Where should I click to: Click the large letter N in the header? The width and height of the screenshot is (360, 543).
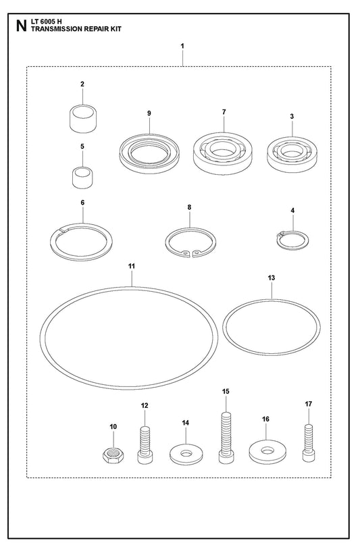click(22, 26)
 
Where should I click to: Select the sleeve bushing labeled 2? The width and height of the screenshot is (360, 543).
click(83, 118)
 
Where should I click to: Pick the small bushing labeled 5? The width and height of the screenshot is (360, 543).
click(82, 178)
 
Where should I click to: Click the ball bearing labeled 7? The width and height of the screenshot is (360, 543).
click(223, 153)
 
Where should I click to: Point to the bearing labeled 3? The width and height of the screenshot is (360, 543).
click(292, 154)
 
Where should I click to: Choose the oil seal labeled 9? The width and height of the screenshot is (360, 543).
click(150, 153)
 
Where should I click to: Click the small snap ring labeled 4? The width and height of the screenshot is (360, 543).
click(292, 240)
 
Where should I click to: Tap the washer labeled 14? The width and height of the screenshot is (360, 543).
click(186, 455)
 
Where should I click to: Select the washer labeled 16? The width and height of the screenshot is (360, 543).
click(267, 452)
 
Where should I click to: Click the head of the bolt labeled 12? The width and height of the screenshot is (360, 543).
click(145, 457)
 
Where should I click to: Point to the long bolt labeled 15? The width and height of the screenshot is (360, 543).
click(226, 436)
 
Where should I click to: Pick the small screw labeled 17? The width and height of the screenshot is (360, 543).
click(309, 443)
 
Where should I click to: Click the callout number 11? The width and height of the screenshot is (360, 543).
click(132, 266)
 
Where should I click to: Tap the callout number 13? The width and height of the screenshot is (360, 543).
click(272, 278)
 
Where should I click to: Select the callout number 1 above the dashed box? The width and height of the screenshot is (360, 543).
click(182, 46)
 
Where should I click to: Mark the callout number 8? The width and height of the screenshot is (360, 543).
click(189, 207)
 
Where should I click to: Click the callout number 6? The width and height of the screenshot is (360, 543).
click(82, 202)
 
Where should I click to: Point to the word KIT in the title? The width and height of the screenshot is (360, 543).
click(115, 29)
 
